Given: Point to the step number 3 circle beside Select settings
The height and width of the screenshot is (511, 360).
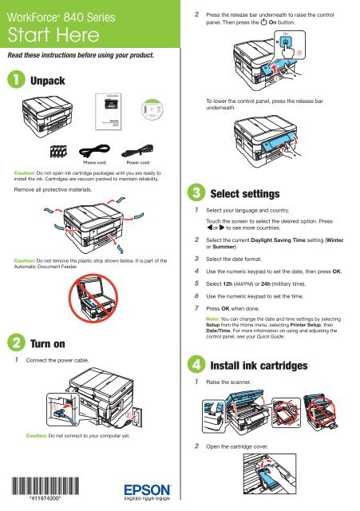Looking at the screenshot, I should (x=196, y=192).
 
